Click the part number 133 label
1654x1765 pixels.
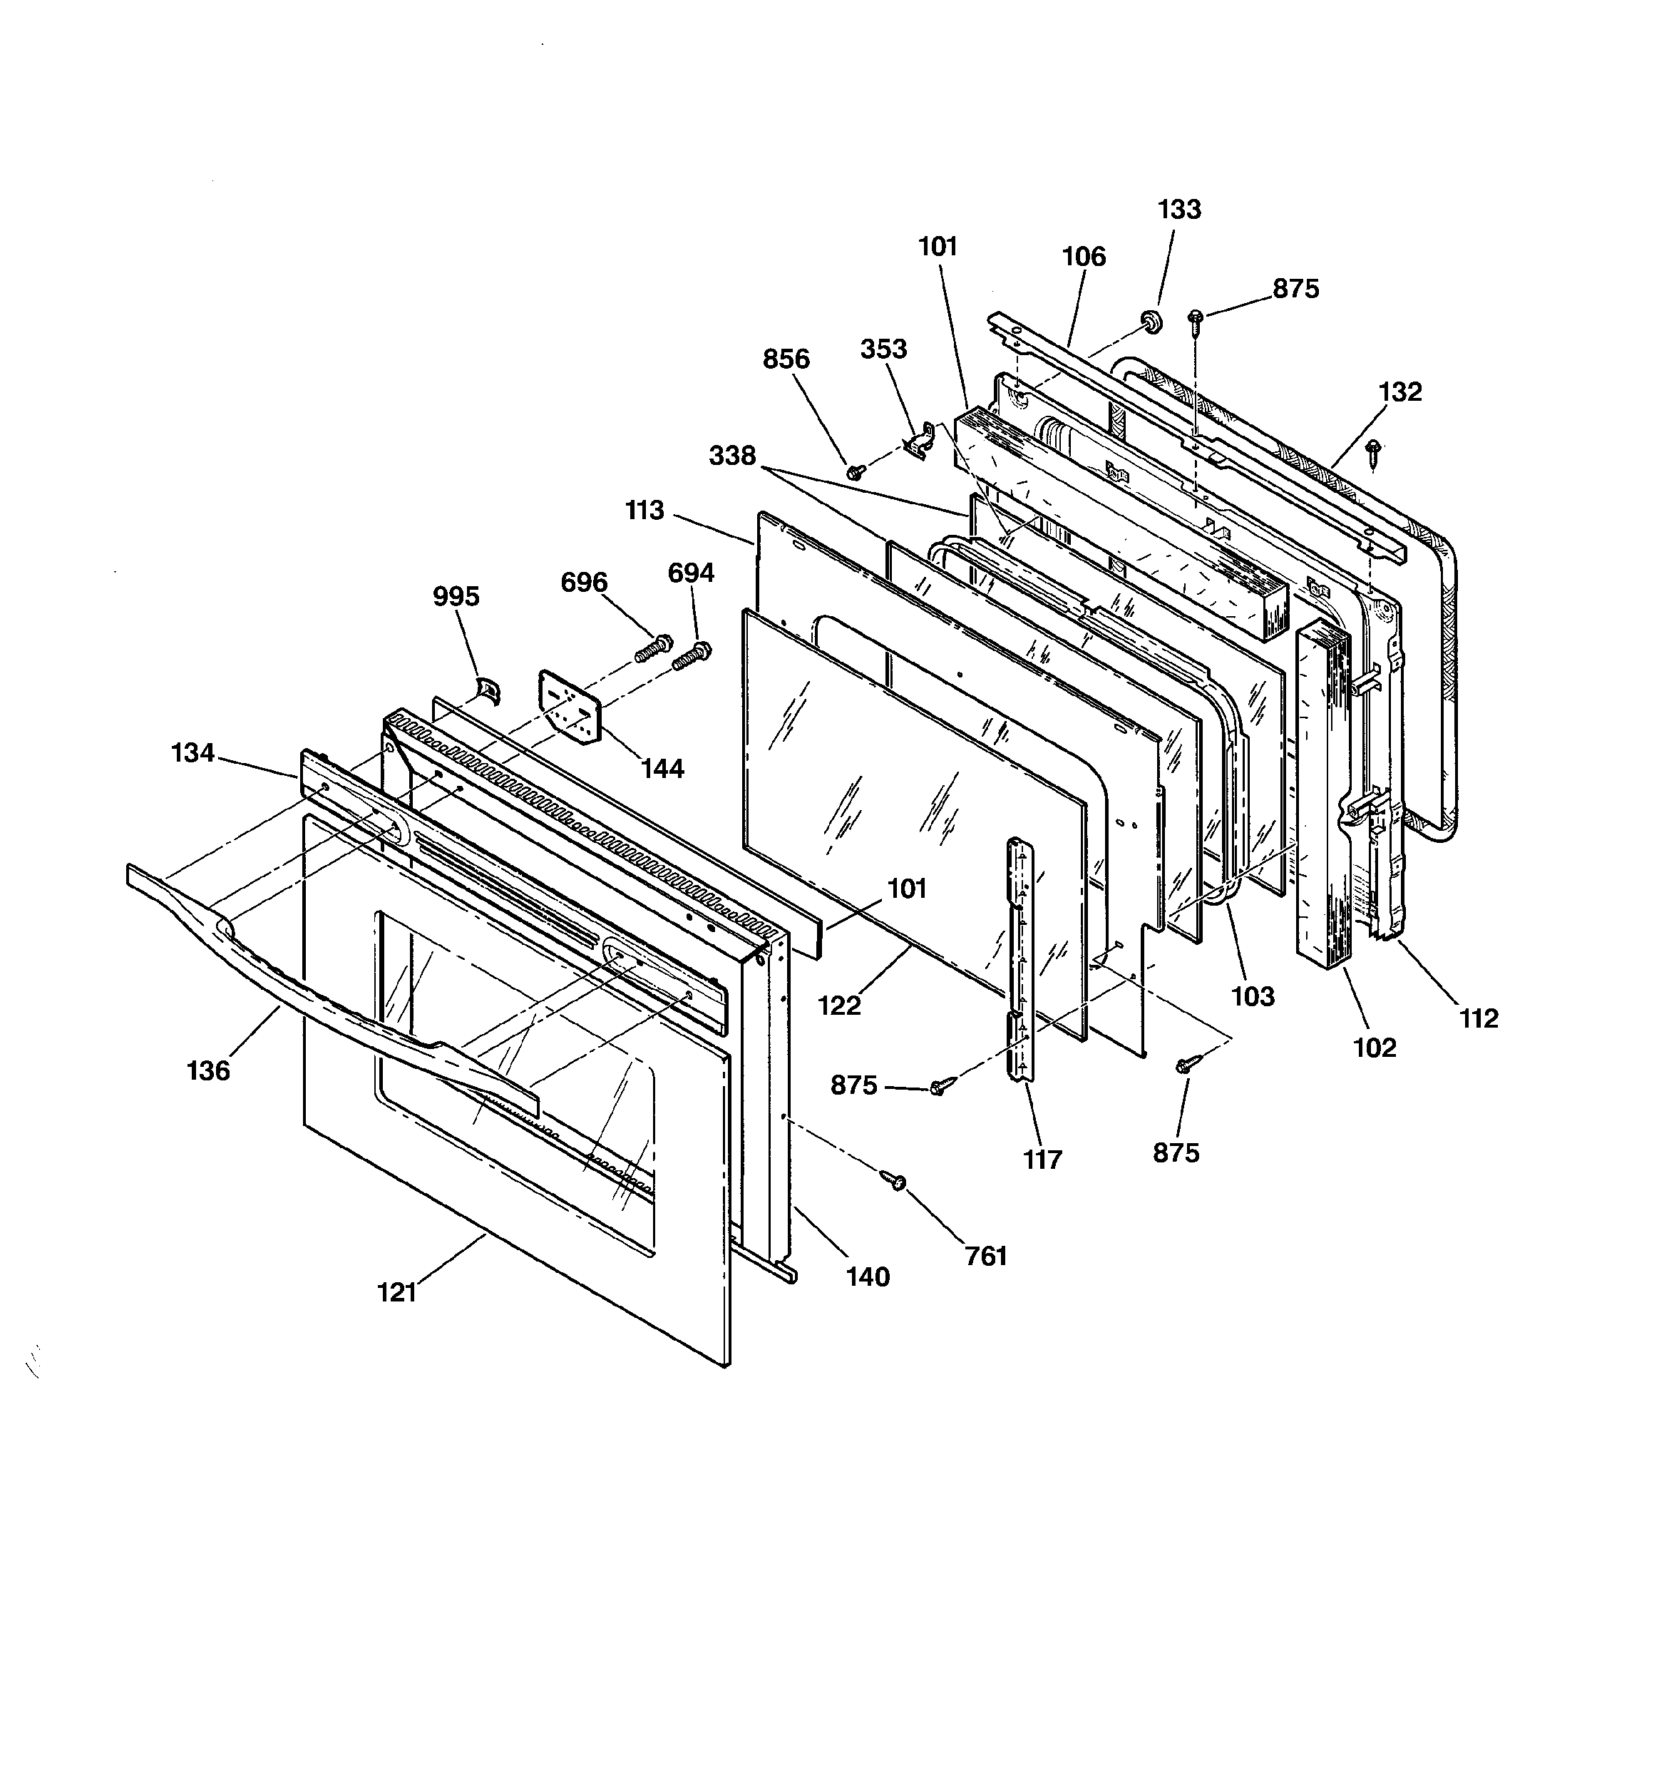pos(1179,210)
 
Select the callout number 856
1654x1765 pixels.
pos(786,359)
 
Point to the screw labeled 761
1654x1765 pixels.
pos(893,1179)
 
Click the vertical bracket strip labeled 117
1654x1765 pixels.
pos(1020,959)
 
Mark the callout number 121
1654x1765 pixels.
pos(397,1293)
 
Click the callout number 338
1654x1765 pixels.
pos(732,456)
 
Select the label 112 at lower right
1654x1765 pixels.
pos(1478,1018)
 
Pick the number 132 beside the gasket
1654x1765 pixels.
pos(1400,392)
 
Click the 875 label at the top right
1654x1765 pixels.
pos(1295,289)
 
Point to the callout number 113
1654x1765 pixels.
pos(644,511)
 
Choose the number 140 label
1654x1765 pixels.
pos(868,1277)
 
